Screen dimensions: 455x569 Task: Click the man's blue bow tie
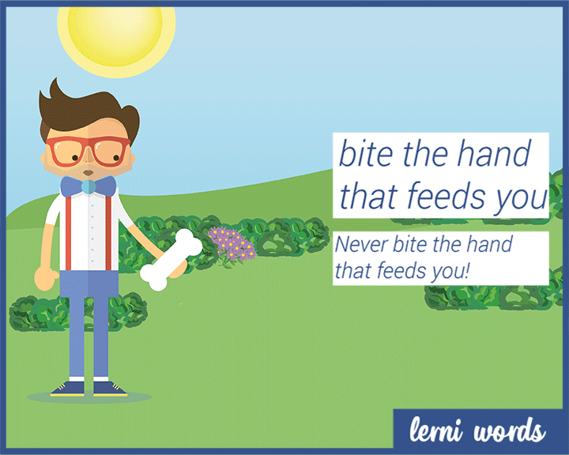click(x=88, y=186)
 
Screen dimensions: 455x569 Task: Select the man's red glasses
click(x=87, y=150)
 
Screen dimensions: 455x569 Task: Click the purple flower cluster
click(x=232, y=244)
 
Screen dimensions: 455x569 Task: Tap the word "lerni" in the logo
click(x=438, y=431)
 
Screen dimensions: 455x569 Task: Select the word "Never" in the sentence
click(x=358, y=244)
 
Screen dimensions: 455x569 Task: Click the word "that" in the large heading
click(x=367, y=197)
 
